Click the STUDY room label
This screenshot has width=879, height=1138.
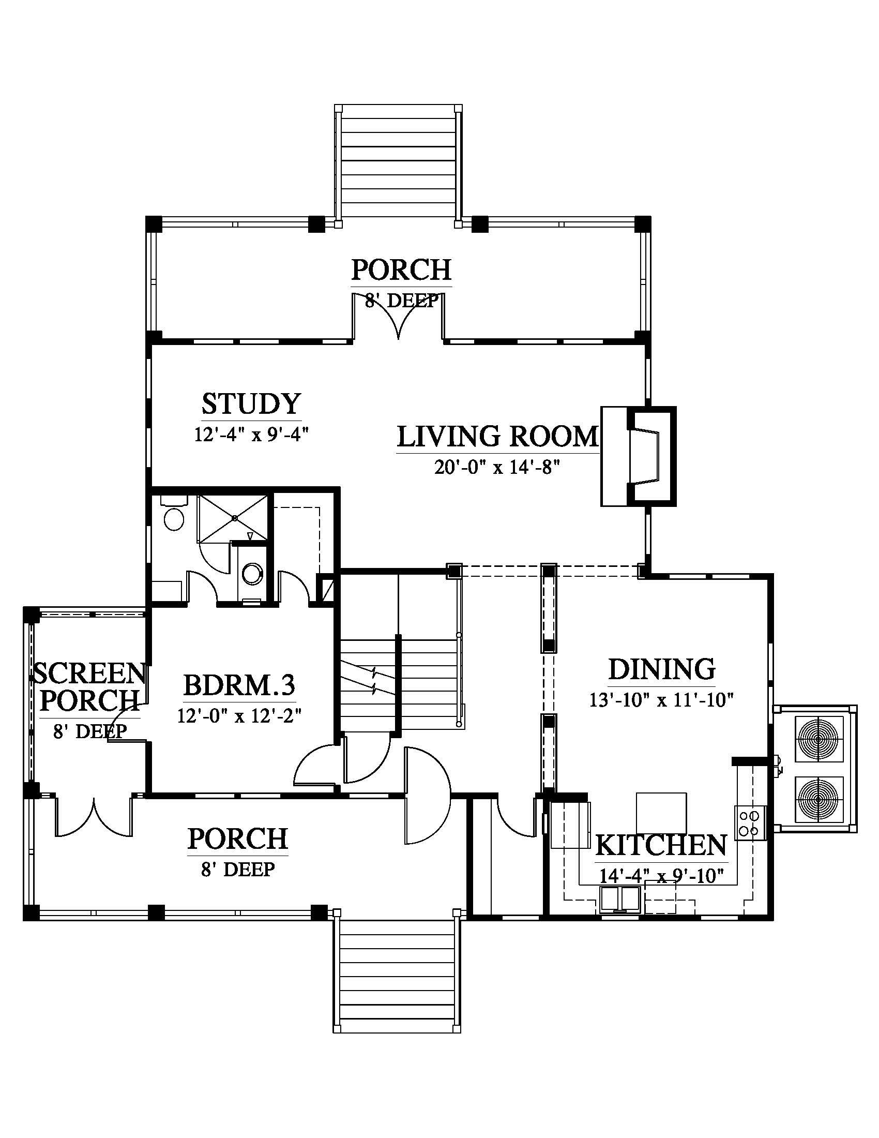point(251,404)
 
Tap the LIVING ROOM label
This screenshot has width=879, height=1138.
point(498,437)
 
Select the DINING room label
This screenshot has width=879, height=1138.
point(662,669)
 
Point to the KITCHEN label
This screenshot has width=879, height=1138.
point(661,845)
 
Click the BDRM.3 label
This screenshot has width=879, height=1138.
point(239,685)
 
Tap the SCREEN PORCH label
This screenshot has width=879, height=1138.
point(88,687)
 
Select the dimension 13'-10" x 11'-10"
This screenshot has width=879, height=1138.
point(661,700)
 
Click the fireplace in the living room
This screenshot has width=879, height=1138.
point(639,456)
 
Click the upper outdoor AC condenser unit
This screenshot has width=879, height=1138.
point(817,739)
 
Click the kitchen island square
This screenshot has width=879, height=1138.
point(661,813)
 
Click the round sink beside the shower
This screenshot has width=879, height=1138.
point(253,573)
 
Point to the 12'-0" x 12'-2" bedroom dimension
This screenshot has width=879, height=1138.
point(239,716)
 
